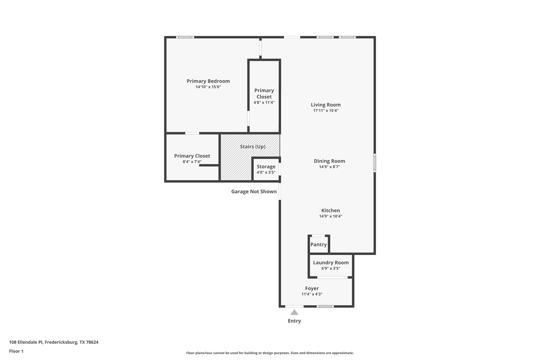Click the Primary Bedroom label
coord(208,81)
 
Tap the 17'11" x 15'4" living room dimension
coord(326,111)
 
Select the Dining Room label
coord(329,161)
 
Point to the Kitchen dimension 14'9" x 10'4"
coord(330,216)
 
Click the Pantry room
coord(319,244)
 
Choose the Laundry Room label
coord(331,262)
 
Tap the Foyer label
coord(312,288)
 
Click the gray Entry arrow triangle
coord(294,313)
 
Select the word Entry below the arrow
coord(294,321)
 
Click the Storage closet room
coord(266,169)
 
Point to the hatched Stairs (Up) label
coord(252,147)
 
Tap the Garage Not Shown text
coord(254,191)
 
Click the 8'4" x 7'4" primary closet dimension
coord(192,162)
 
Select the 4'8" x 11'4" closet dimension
coord(264,102)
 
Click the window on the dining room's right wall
coord(375,163)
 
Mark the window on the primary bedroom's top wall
coord(185,37)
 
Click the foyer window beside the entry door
coord(325,306)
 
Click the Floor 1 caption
coord(16,351)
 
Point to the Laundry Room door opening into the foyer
coord(332,277)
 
